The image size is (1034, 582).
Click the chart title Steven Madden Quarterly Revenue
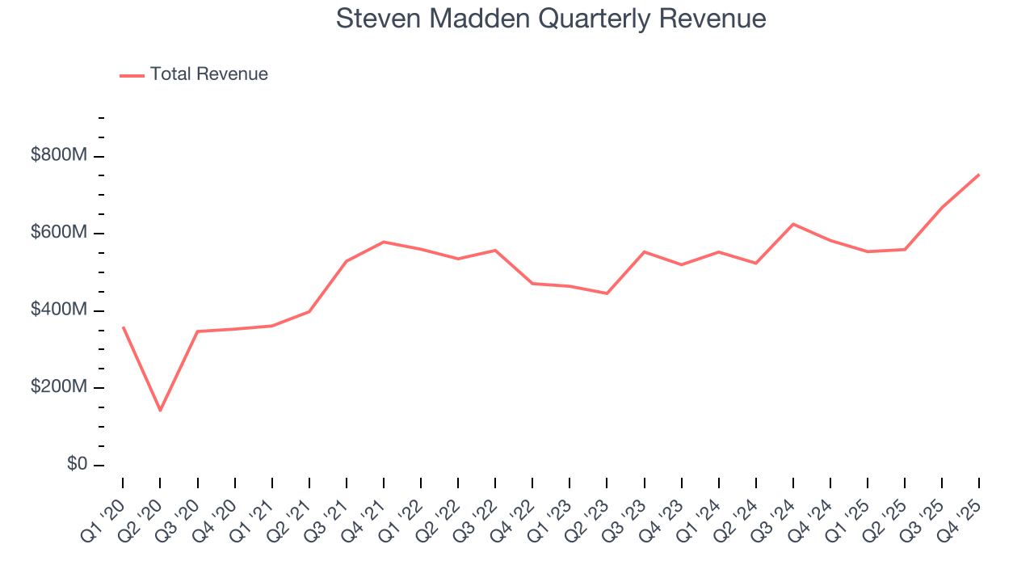[x=550, y=19]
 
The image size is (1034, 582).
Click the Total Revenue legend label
[x=208, y=74]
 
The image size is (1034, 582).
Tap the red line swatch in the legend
[x=132, y=75]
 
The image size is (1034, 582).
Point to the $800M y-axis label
[x=58, y=155]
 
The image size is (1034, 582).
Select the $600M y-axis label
[x=58, y=233]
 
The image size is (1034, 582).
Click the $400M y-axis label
[x=58, y=310]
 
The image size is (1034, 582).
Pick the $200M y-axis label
[x=58, y=387]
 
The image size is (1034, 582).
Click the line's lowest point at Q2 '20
[x=160, y=411]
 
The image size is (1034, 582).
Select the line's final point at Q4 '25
[x=979, y=175]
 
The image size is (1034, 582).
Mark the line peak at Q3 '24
[x=793, y=224]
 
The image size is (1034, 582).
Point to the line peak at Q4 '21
[x=384, y=242]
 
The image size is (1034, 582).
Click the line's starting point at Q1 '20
[x=123, y=327]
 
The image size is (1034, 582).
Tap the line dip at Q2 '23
[x=607, y=293]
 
